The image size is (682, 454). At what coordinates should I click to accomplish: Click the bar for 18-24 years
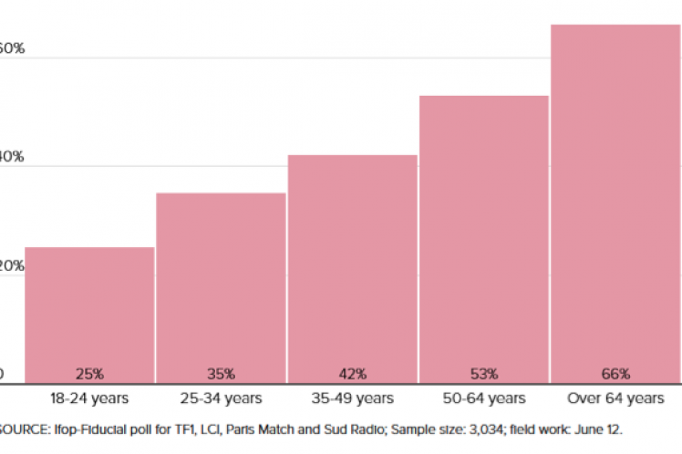tap(89, 310)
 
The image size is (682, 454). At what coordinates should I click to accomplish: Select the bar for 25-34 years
tap(221, 283)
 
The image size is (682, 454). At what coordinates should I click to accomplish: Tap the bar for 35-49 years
tap(353, 264)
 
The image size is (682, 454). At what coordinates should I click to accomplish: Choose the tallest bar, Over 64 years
tap(615, 201)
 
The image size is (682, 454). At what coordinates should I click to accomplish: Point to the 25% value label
tap(89, 374)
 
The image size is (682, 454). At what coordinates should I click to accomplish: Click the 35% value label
tap(221, 374)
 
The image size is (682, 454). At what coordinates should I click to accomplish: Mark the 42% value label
tap(353, 374)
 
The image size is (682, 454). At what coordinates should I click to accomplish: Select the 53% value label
tap(484, 374)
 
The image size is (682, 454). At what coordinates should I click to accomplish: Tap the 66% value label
tap(615, 374)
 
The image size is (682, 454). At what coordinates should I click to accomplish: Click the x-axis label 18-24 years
tap(89, 398)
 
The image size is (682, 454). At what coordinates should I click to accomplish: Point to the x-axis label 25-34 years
tap(221, 398)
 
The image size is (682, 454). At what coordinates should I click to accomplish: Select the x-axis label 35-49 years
tap(353, 398)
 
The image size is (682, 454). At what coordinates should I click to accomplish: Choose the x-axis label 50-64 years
tap(484, 398)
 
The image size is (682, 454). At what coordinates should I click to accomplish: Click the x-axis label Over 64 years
tap(615, 398)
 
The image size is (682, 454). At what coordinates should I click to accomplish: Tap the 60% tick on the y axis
tap(11, 47)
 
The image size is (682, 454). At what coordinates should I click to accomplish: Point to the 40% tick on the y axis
tap(11, 157)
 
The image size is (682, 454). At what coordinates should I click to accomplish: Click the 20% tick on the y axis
tap(11, 266)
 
